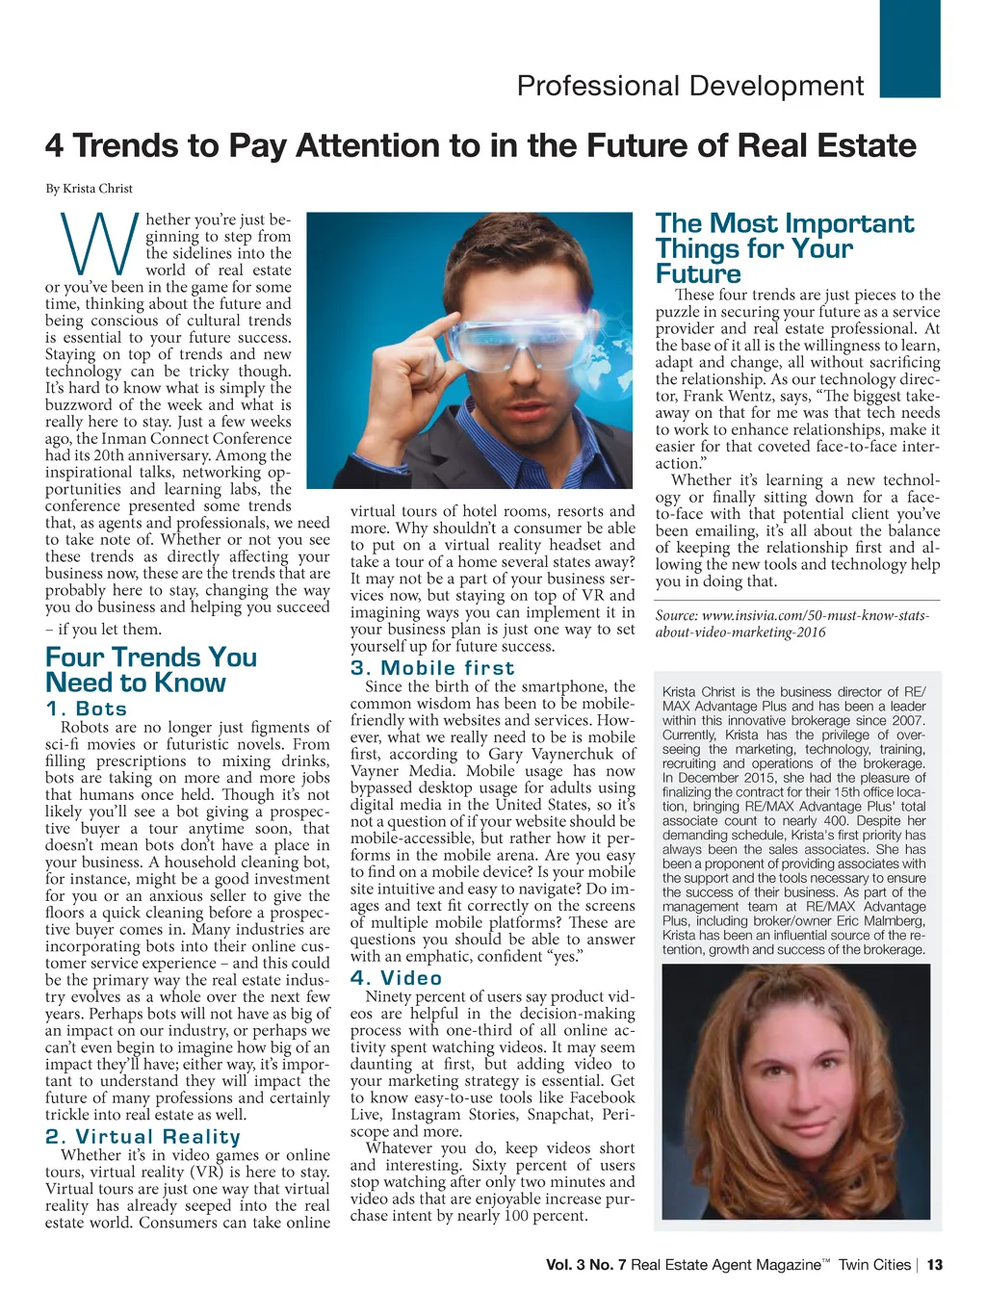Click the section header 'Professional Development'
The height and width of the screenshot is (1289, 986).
tap(690, 86)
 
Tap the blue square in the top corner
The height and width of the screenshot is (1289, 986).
tap(910, 48)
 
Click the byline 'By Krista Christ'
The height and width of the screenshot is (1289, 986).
tap(89, 189)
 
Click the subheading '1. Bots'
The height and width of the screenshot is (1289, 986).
tap(87, 709)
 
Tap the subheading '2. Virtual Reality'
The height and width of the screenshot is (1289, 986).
tap(143, 1137)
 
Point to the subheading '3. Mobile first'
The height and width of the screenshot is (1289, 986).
tap(432, 668)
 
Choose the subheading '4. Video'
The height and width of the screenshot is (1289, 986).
tap(396, 977)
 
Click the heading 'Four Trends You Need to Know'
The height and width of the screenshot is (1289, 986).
tap(151, 670)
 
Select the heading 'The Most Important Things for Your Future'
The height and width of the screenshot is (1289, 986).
tap(784, 248)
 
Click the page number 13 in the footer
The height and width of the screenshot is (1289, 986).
tap(934, 1265)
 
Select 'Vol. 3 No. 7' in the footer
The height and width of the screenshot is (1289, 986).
tap(586, 1265)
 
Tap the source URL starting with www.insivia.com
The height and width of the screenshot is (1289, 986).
tap(791, 624)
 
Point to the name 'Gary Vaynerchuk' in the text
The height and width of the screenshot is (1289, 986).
tap(567, 754)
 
